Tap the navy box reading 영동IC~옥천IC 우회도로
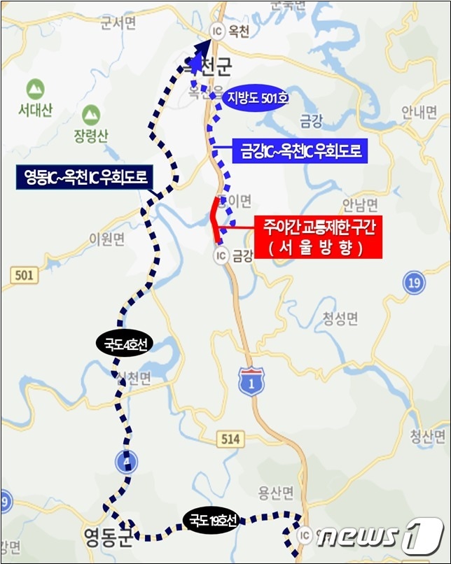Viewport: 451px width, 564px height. (x=83, y=178)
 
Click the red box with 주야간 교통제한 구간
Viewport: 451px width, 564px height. (x=319, y=238)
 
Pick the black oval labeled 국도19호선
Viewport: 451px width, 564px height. (x=211, y=519)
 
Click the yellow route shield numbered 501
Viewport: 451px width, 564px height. (x=22, y=276)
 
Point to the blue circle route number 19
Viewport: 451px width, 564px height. (x=415, y=283)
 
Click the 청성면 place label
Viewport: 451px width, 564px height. (x=340, y=319)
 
